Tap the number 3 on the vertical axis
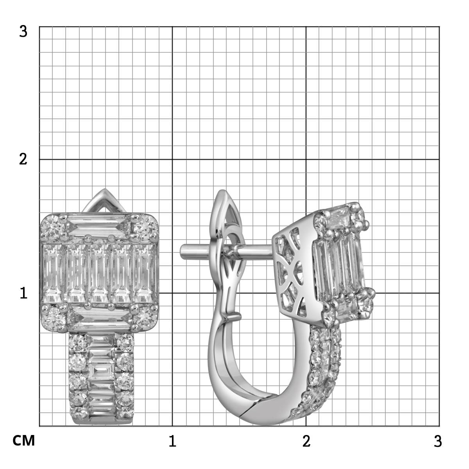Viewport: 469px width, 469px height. pos(23,32)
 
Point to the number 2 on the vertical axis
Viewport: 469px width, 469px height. pos(23,159)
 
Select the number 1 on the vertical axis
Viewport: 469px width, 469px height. pos(23,293)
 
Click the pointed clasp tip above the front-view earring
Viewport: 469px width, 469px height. pos(105,189)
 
